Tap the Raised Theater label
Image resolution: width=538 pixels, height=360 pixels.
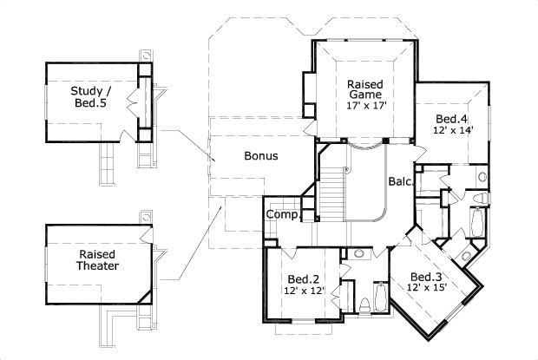point(98,260)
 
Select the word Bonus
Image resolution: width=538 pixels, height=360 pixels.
point(260,157)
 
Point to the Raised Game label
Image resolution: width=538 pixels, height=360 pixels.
point(365,90)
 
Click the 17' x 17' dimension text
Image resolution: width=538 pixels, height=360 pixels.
point(365,106)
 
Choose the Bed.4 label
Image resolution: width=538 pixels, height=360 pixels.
point(451,119)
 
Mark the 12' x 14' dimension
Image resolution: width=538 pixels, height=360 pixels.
point(452,131)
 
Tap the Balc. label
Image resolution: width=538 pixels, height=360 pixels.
point(399,182)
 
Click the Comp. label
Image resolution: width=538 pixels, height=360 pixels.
point(282,214)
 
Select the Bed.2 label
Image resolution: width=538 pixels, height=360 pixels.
point(304,279)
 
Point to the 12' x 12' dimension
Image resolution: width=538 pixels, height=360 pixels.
point(304,291)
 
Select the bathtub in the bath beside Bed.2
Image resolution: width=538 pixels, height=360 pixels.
point(382,299)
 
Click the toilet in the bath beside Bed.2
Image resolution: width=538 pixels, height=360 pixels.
point(364,305)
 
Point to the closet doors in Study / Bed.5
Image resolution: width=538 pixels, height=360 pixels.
point(132,98)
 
